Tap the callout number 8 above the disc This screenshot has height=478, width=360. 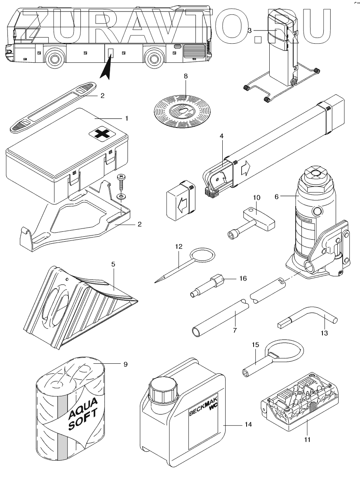186,76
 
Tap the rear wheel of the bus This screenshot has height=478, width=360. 154,58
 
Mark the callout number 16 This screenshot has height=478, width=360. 243,278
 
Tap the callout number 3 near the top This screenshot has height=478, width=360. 249,31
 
